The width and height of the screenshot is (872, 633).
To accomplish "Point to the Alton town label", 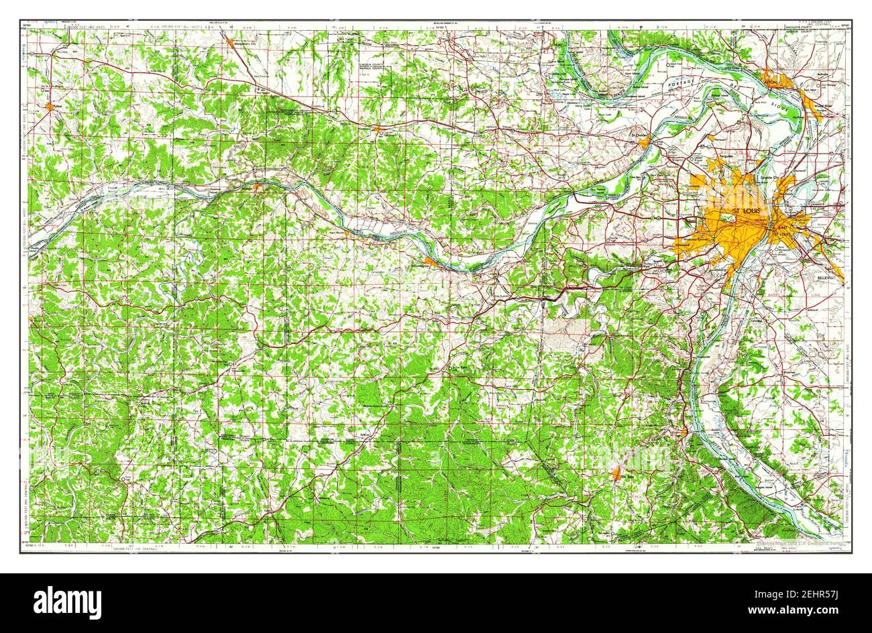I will coord(771,78).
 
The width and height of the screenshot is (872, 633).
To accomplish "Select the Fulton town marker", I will coord(50,105).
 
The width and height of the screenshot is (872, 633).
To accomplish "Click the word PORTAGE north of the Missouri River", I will coord(679,84).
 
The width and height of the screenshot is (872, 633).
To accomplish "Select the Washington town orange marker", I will coord(431,262).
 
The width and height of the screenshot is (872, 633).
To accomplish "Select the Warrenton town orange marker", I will coord(378,127).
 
